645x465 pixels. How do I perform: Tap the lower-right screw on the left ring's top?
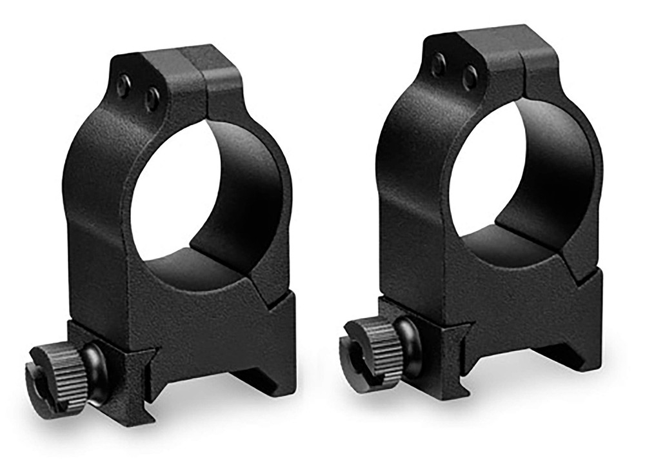coord(152,99)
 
